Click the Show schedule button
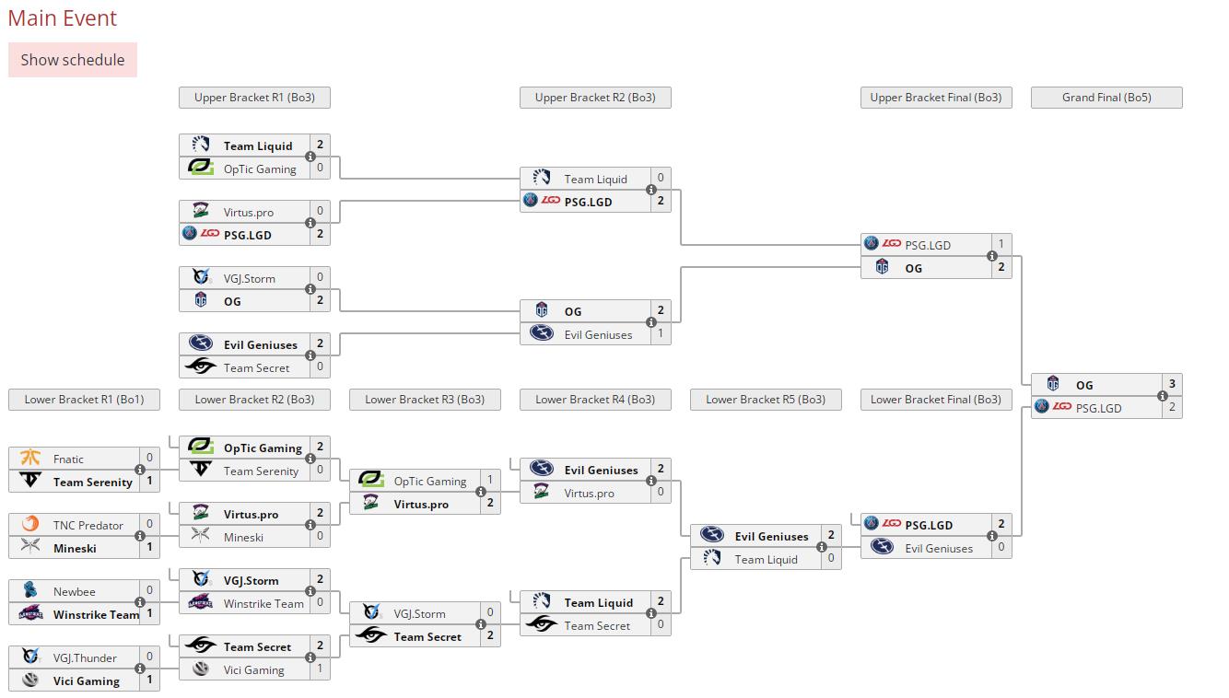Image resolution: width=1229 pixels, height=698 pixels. coord(73,60)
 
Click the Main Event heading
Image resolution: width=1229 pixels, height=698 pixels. coord(62,18)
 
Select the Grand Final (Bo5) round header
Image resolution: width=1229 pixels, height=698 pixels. coord(1106,98)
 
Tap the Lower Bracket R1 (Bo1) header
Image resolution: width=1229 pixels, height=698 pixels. coord(84,400)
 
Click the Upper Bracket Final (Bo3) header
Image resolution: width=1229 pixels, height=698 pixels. coord(936,98)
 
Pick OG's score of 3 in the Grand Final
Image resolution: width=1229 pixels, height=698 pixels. coord(1172,384)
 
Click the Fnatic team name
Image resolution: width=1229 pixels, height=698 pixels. coord(68,459)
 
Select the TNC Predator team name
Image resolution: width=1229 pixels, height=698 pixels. coord(88,525)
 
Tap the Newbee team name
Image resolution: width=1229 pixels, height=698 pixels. coord(74,591)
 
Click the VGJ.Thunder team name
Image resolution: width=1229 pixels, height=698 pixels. coord(85,658)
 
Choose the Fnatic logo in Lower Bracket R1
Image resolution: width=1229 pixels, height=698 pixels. coord(30,458)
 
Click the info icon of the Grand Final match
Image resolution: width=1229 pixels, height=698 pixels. coord(1162,396)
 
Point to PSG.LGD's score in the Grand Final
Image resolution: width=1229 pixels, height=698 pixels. coord(1172,407)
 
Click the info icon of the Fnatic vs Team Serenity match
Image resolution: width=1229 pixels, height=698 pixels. coord(140,470)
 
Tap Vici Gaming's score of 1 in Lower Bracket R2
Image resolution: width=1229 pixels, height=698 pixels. coord(320,669)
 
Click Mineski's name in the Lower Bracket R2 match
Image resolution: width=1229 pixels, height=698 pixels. coord(243,538)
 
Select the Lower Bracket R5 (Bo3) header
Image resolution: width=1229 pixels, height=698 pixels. coord(766,400)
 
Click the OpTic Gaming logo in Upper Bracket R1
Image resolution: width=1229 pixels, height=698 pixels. coord(201,168)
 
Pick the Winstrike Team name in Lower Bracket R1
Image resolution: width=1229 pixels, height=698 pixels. coord(96,614)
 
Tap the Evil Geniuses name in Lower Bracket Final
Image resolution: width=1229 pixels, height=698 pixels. coord(939,548)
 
